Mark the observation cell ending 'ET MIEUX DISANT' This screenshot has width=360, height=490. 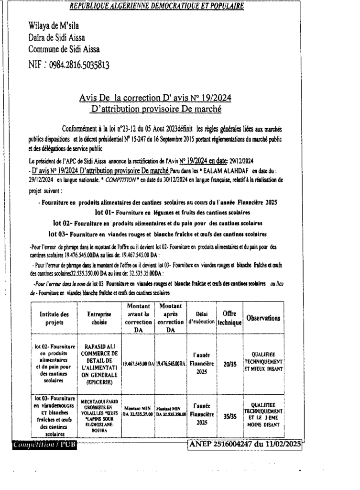[x=263, y=364]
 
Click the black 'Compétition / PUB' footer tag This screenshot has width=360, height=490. [x=47, y=445]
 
